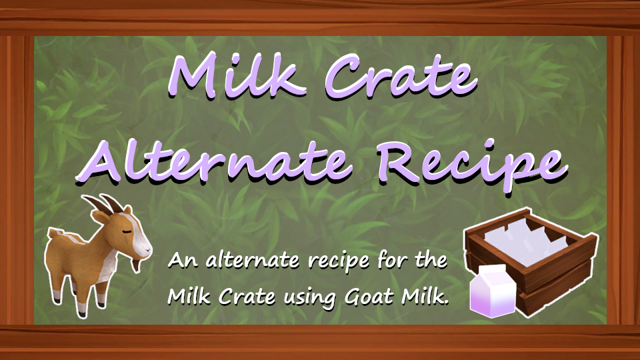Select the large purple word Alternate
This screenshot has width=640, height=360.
coord(214,160)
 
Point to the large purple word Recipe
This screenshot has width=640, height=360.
coord(472,165)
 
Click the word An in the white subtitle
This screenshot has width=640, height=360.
coord(183,260)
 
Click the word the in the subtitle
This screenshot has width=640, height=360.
coord(432,259)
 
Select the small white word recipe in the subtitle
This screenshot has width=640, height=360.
coord(339,261)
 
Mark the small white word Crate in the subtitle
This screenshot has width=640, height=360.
coord(247,297)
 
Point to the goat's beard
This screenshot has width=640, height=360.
coord(135,265)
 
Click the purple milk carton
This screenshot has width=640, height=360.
coord(493,291)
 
